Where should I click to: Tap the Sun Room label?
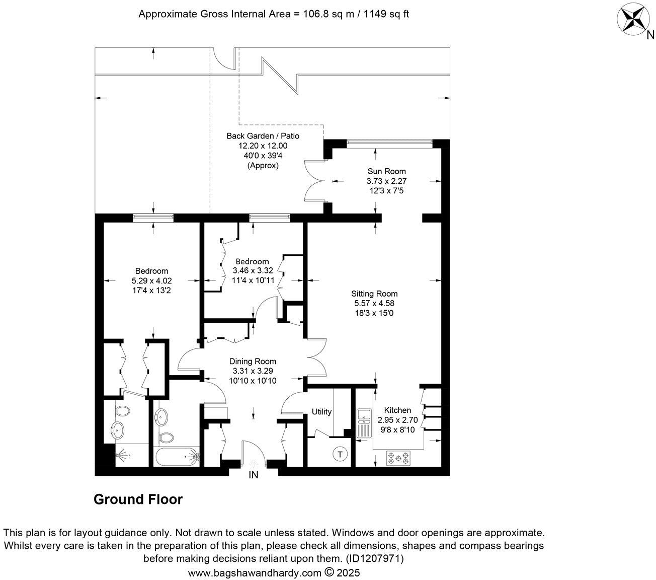pos(386,171)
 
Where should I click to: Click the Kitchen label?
pos(397,410)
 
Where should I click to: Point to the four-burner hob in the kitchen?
pos(398,458)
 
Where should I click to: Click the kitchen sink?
pos(363,422)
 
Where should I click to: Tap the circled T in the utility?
pos(340,454)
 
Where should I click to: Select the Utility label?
pos(321,412)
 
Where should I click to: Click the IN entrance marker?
pos(254,475)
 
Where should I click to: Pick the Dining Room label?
pos(253,361)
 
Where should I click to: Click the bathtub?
pos(178,458)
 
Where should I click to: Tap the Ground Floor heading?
pos(138,499)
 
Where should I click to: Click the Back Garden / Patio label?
pos(263,135)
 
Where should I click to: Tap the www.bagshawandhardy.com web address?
pos(254,573)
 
